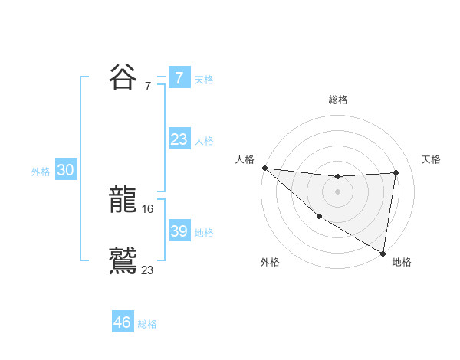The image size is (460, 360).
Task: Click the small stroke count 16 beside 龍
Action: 148,209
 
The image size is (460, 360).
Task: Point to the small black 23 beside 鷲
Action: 148,269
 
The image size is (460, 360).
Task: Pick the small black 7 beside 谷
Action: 148,86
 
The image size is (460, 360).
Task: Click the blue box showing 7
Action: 179,77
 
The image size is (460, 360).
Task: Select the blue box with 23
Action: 179,139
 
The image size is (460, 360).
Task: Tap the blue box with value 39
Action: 179,231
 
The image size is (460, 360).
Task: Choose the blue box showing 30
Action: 65,171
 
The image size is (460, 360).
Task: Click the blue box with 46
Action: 123,322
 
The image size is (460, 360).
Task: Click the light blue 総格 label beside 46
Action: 147,324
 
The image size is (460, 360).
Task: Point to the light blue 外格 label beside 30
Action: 41,172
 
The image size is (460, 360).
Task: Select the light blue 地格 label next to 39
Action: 204,233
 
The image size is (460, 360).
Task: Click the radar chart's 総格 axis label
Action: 338,100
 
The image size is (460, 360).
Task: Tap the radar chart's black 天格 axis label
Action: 432,159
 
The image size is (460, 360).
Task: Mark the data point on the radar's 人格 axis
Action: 264,168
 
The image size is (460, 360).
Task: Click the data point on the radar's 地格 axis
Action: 383,253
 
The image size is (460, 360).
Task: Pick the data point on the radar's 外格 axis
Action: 319,217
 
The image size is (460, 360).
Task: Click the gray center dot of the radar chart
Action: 337,191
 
